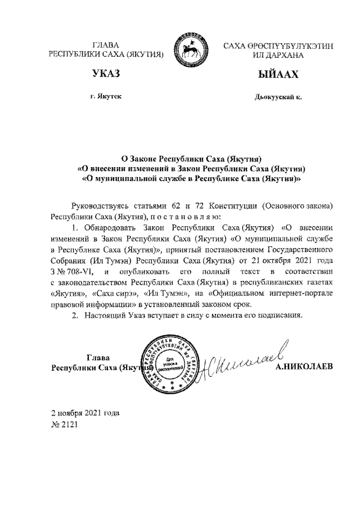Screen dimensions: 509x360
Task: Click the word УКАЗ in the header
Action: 106,74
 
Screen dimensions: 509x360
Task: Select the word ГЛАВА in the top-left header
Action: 106,45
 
